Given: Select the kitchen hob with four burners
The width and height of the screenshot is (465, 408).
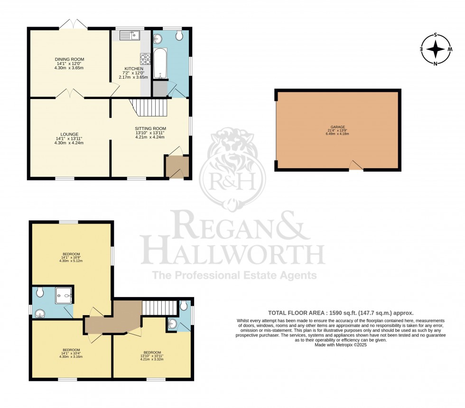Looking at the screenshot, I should pos(145,59).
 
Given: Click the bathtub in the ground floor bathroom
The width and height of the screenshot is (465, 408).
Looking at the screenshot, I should pos(160,63).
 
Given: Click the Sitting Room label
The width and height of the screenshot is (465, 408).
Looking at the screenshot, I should pos(150,128).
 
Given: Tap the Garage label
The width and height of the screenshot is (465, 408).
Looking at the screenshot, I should pos(338,127).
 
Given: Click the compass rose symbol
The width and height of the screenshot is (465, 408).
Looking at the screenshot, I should pos(436,49).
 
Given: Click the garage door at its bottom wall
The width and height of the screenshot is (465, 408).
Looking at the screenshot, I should pos(356,165).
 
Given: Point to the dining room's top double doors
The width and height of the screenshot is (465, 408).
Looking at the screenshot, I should pos(73,24).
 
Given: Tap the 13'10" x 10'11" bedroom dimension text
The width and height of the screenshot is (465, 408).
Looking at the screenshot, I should pos(152,356).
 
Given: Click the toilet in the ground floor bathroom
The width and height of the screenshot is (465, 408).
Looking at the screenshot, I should pos(179,36).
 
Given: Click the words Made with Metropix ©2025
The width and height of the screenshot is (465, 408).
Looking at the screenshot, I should pos(340,345).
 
